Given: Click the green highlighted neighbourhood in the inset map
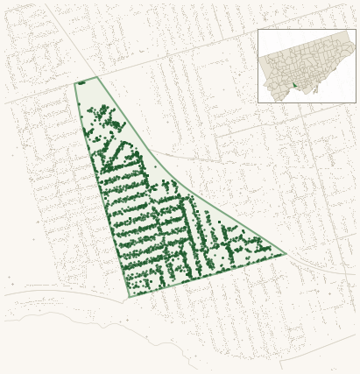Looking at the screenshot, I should (295, 85).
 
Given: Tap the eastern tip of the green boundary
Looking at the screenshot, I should (286, 254).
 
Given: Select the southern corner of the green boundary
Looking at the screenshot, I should (129, 297).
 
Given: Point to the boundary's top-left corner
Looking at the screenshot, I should (74, 83).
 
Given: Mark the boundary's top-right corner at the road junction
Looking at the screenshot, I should (96, 77).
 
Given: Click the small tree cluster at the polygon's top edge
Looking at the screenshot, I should (81, 82).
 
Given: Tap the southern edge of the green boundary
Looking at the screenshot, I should (210, 275).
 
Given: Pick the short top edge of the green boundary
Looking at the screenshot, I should (86, 80).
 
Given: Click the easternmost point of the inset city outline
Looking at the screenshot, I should (354, 46).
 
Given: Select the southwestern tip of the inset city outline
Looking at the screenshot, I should (274, 97).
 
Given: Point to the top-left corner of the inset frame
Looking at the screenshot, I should (258, 29).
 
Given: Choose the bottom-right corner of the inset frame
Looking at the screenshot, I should (356, 102).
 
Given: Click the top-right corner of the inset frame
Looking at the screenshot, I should (356, 29).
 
